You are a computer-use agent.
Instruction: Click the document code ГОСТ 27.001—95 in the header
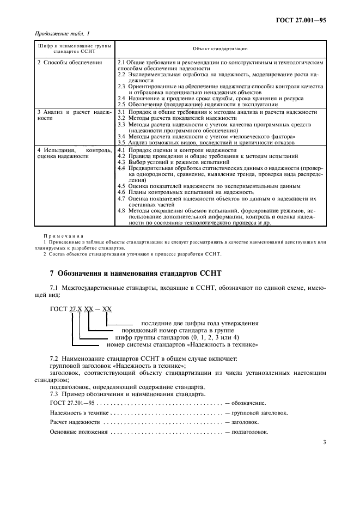tap(301, 20)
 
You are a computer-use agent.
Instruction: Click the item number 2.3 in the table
tap(122, 87)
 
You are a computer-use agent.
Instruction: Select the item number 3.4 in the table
tap(122, 136)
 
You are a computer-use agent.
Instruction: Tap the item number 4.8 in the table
tap(122, 210)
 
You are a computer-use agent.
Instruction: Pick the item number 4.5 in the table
tap(122, 186)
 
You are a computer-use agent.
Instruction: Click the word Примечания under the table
tap(59, 235)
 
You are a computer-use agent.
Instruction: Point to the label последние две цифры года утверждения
tap(199, 323)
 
